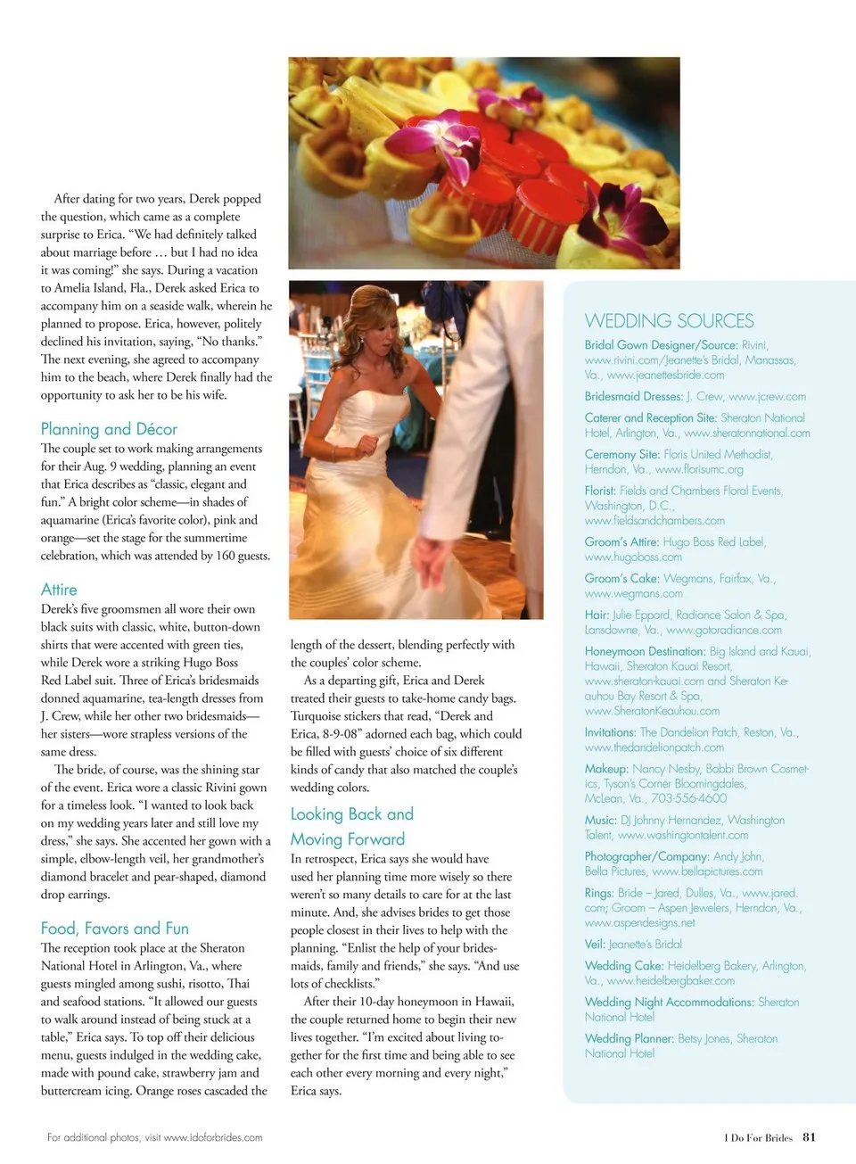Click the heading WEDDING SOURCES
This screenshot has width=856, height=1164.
[x=669, y=321]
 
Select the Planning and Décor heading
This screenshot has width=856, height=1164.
[x=109, y=429]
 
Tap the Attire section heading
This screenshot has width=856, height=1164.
[x=59, y=590]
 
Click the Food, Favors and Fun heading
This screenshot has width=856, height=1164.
[x=114, y=929]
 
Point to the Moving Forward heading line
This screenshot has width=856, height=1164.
[x=347, y=839]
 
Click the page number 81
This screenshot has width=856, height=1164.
[x=809, y=1137]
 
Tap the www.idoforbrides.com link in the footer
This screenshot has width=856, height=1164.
[x=213, y=1137]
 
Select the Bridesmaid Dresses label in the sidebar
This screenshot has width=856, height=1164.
[x=633, y=397]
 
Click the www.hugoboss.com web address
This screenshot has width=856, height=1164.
[x=633, y=557]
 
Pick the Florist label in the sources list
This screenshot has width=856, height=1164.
[x=600, y=491]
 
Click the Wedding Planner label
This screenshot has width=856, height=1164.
[x=629, y=1039]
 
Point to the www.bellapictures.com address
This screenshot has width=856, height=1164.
[x=707, y=871]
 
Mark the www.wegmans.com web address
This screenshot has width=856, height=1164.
[x=633, y=594]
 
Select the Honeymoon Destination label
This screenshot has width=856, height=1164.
[x=645, y=652]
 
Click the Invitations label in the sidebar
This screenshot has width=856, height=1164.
[x=610, y=732]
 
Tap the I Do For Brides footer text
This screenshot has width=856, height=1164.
[x=758, y=1138]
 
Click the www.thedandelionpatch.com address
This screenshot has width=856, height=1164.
[x=654, y=747]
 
